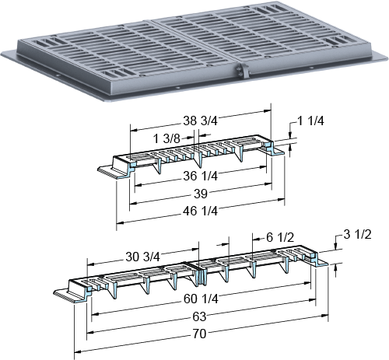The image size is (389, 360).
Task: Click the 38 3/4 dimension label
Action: click(200, 121)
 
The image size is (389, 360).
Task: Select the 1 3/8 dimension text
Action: click(166, 138)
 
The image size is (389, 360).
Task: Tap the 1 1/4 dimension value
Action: click(310, 121)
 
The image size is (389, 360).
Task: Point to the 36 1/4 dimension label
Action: click(200, 176)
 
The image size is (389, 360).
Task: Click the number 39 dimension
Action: click(200, 194)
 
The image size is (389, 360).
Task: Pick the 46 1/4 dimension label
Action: click(200, 211)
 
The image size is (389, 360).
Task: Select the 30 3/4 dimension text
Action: click(142, 257)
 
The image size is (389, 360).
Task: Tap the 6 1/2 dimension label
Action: click(280, 237)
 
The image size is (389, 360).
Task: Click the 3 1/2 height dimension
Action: click(357, 235)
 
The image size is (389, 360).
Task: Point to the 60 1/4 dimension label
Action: click(201, 299)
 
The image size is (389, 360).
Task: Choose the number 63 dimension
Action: click(199, 316)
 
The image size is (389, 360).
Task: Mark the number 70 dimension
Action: click(199, 334)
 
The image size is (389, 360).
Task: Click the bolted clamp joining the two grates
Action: click(242, 71)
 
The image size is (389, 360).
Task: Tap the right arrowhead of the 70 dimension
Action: click(324, 316)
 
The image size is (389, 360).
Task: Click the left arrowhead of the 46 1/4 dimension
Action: click(121, 222)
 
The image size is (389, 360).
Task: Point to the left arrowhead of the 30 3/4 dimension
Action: click(90, 264)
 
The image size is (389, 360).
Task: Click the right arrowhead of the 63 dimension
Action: click(312, 300)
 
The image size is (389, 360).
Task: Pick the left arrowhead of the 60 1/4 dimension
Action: click(96, 314)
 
